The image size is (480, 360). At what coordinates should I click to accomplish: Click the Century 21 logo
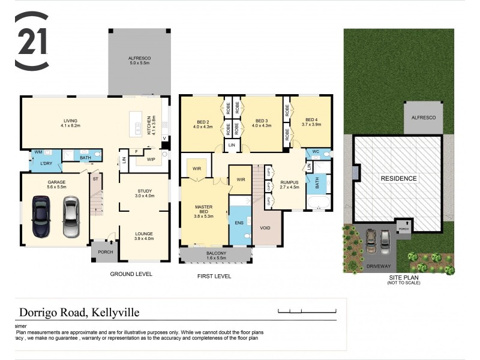click(31, 41)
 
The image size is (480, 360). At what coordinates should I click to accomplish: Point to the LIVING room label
click(71, 122)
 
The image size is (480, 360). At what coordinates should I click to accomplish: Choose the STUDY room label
click(145, 193)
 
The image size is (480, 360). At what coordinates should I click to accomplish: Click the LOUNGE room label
click(145, 236)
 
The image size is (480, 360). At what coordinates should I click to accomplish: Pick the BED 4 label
click(313, 121)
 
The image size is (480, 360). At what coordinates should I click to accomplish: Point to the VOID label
click(265, 228)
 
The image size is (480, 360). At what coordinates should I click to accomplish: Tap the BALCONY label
click(213, 255)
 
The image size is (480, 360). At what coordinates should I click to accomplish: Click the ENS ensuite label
click(239, 222)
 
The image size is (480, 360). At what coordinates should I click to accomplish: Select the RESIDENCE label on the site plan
click(399, 178)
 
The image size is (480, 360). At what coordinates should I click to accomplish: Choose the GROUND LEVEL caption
click(131, 274)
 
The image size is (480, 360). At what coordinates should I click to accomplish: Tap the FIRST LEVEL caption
click(214, 276)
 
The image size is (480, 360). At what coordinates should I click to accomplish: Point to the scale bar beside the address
click(308, 311)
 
